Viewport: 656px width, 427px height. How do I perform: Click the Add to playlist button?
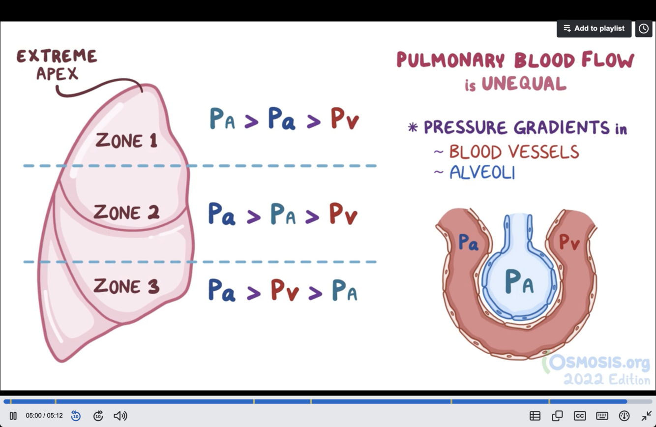click(594, 29)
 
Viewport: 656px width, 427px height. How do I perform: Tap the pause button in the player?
click(13, 416)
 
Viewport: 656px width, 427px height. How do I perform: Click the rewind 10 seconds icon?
click(76, 416)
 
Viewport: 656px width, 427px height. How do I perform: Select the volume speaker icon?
click(120, 416)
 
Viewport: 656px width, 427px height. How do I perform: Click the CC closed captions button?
click(580, 416)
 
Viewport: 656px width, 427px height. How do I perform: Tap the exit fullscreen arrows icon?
click(646, 416)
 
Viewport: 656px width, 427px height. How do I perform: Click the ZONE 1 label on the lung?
click(126, 141)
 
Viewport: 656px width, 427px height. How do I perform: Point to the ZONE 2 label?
click(126, 213)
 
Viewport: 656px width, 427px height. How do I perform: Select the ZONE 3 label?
click(126, 286)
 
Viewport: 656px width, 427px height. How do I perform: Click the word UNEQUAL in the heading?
click(524, 84)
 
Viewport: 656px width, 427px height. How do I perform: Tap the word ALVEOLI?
click(482, 173)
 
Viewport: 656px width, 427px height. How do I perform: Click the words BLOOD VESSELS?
click(514, 152)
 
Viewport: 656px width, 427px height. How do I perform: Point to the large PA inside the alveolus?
click(519, 282)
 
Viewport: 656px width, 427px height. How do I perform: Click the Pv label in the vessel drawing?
click(569, 242)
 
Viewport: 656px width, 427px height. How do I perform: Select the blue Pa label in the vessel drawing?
click(468, 242)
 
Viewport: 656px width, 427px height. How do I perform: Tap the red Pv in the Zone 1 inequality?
click(344, 119)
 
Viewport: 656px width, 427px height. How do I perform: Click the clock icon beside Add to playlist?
click(644, 29)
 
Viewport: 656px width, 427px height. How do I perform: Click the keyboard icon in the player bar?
click(602, 416)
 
